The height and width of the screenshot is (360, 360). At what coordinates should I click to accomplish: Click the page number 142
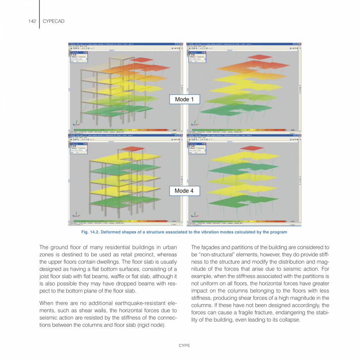[32, 21]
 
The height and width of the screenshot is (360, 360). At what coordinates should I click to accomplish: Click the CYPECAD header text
[53, 21]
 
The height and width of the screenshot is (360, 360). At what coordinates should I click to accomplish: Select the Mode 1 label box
[184, 99]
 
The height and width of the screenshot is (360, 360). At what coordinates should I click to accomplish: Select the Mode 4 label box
[184, 191]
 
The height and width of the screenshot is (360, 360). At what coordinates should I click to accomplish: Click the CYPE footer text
[184, 346]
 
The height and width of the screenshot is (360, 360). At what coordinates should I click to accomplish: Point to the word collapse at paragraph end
[290, 320]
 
